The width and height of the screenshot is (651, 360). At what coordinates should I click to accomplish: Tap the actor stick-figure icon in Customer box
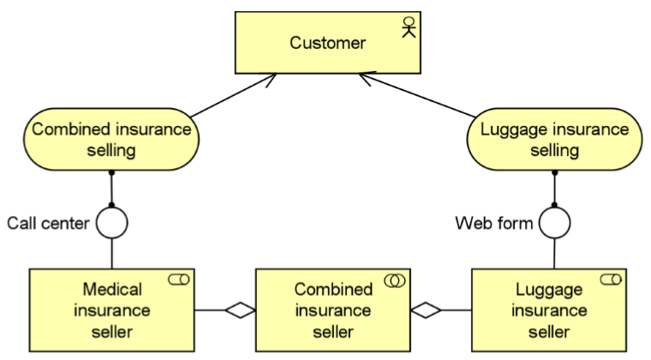click(408, 28)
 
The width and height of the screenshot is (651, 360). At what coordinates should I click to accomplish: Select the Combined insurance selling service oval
click(111, 139)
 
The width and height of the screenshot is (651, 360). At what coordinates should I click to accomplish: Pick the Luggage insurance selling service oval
click(555, 139)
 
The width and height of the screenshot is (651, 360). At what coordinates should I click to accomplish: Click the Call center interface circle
click(111, 223)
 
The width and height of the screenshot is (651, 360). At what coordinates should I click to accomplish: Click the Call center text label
click(48, 224)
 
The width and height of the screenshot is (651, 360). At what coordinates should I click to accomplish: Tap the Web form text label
click(493, 224)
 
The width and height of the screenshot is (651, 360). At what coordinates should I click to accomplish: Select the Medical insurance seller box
click(112, 310)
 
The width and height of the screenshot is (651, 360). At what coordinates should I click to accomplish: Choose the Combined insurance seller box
click(333, 310)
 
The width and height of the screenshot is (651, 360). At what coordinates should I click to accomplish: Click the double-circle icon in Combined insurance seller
click(395, 280)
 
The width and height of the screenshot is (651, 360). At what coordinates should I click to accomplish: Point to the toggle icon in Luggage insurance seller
click(611, 279)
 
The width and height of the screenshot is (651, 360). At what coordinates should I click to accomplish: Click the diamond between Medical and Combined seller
click(240, 310)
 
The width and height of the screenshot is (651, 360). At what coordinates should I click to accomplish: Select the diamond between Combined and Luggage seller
click(426, 310)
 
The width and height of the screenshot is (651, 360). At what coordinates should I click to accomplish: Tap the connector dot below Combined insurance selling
click(111, 173)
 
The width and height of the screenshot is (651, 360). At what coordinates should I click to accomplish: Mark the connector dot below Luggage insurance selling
click(555, 173)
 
